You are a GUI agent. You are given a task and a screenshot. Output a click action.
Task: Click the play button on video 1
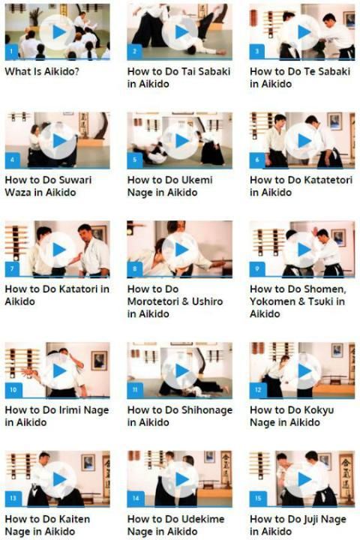(58, 32)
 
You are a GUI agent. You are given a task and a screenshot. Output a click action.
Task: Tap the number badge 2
(134, 52)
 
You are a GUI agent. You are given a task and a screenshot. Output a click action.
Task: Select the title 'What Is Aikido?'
(42, 72)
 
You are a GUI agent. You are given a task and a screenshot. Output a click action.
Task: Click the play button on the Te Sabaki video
(303, 32)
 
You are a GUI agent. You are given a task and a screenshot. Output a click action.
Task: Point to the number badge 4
(13, 160)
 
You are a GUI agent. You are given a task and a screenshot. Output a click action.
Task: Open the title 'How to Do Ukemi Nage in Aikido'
(169, 186)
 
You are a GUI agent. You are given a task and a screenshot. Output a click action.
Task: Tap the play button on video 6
(303, 140)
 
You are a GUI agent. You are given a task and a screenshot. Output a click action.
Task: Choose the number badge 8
(134, 269)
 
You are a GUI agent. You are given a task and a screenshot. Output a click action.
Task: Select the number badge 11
(134, 390)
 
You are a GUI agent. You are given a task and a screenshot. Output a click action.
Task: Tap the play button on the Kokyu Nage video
(303, 371)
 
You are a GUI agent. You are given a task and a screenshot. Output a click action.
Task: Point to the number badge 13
(13, 498)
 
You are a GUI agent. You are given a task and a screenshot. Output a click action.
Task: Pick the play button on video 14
(181, 479)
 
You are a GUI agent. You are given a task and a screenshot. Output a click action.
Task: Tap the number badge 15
(258, 498)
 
